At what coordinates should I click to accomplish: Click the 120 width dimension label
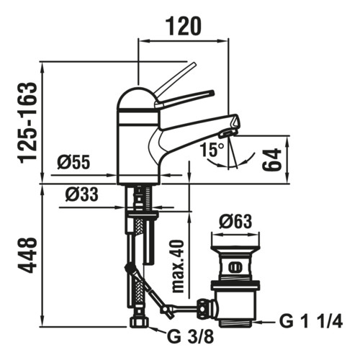tap(184, 26)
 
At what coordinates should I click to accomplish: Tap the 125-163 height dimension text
tap(29, 123)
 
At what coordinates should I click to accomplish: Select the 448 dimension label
tap(29, 255)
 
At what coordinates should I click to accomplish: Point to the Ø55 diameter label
tap(73, 162)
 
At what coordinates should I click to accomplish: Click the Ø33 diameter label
tap(81, 194)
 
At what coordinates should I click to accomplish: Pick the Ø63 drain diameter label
tap(235, 221)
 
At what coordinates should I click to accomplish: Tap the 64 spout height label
tap(272, 159)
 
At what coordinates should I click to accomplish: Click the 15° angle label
tap(212, 150)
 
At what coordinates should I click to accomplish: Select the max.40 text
tap(178, 266)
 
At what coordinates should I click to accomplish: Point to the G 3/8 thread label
tap(190, 337)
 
